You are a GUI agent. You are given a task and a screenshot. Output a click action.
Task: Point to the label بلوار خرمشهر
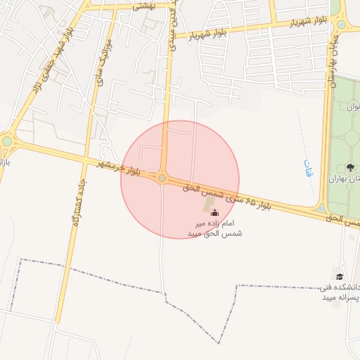[120, 167]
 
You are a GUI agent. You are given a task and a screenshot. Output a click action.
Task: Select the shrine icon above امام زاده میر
[214, 212]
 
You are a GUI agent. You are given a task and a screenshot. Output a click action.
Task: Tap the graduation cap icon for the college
[340, 276]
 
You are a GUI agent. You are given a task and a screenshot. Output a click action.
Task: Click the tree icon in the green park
[350, 167]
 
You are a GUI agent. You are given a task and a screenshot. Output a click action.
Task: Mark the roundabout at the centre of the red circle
[162, 179]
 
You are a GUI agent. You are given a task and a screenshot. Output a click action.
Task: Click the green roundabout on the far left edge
[7, 141]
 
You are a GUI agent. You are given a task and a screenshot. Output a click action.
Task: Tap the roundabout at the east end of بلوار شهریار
[341, 23]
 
